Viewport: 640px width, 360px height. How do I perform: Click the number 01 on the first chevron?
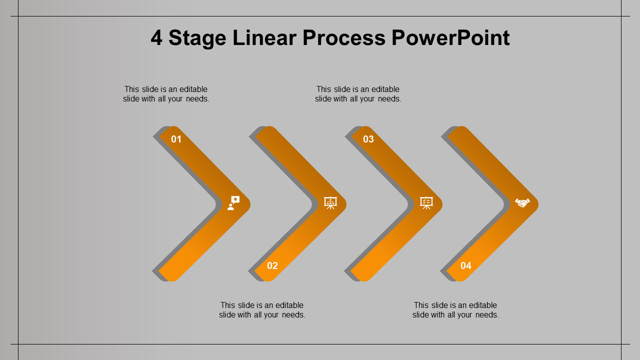pos(176,139)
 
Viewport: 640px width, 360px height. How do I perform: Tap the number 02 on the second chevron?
pos(272,265)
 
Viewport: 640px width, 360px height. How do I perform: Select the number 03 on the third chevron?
pos(368,139)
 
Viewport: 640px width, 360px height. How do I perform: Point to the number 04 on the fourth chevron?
pos(465,265)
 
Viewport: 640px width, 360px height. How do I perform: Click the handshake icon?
pos(522,203)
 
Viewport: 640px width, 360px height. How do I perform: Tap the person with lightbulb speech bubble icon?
pos(233,203)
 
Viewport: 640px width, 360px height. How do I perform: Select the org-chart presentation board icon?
pos(330,203)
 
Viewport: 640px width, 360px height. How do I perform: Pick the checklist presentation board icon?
pos(426,203)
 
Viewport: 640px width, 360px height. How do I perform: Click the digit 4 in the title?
pos(156,37)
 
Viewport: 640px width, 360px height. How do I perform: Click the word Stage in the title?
pos(197,38)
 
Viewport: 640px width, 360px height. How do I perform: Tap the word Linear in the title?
pos(264,37)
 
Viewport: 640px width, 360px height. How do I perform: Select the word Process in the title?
pos(344,37)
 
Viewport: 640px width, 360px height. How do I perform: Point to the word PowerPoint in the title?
pos(450,37)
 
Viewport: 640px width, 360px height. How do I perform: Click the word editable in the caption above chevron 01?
pos(193,89)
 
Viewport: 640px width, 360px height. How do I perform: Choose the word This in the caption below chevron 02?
pos(227,305)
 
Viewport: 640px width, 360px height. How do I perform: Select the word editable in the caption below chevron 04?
pos(483,305)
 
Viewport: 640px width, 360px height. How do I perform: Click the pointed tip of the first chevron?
pos(250,204)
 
